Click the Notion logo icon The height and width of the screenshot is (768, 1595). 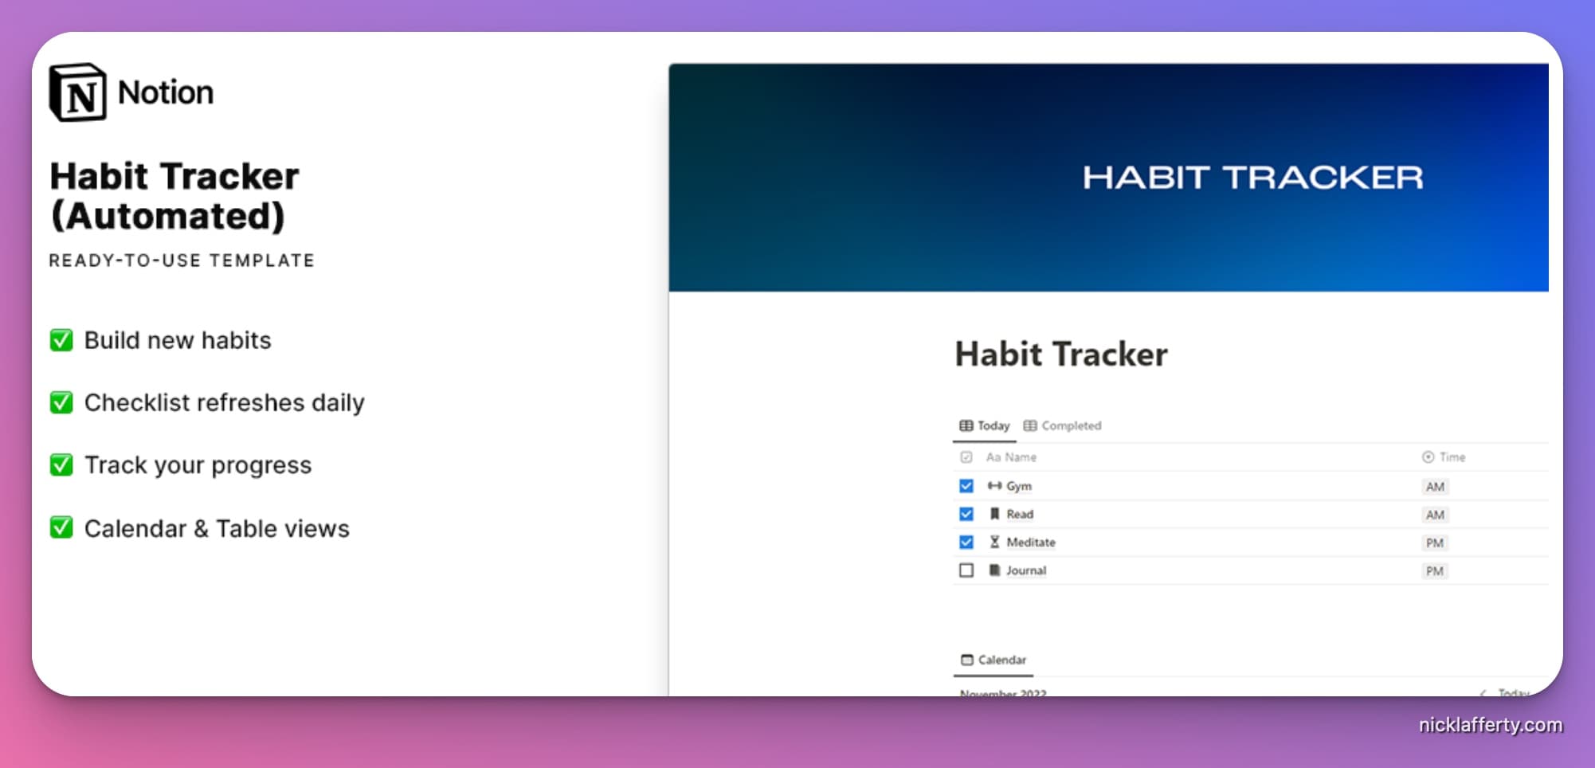pos(77,92)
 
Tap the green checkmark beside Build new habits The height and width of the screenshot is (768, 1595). pos(61,340)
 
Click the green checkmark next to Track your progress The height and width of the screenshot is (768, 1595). pos(61,464)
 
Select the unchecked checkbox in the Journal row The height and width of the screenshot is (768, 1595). pos(966,570)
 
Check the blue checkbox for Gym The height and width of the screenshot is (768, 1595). pos(966,486)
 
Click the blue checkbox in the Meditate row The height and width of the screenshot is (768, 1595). pos(966,543)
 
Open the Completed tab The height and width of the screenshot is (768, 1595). pos(1063,425)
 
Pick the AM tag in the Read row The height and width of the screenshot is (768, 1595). pos(1435,515)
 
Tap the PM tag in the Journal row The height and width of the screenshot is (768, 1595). pos(1435,571)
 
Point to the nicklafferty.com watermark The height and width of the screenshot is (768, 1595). pos(1490,725)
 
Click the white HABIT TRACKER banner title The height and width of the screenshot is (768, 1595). pos(1252,178)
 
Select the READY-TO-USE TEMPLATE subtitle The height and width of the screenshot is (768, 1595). pos(182,261)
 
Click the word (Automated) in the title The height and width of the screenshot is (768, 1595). pos(167,217)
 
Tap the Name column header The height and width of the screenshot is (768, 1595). pos(1012,457)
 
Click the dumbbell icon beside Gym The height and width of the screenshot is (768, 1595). pos(994,486)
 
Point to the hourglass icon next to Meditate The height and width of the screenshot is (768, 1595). pos(994,543)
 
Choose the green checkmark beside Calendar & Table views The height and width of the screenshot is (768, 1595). pos(61,527)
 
